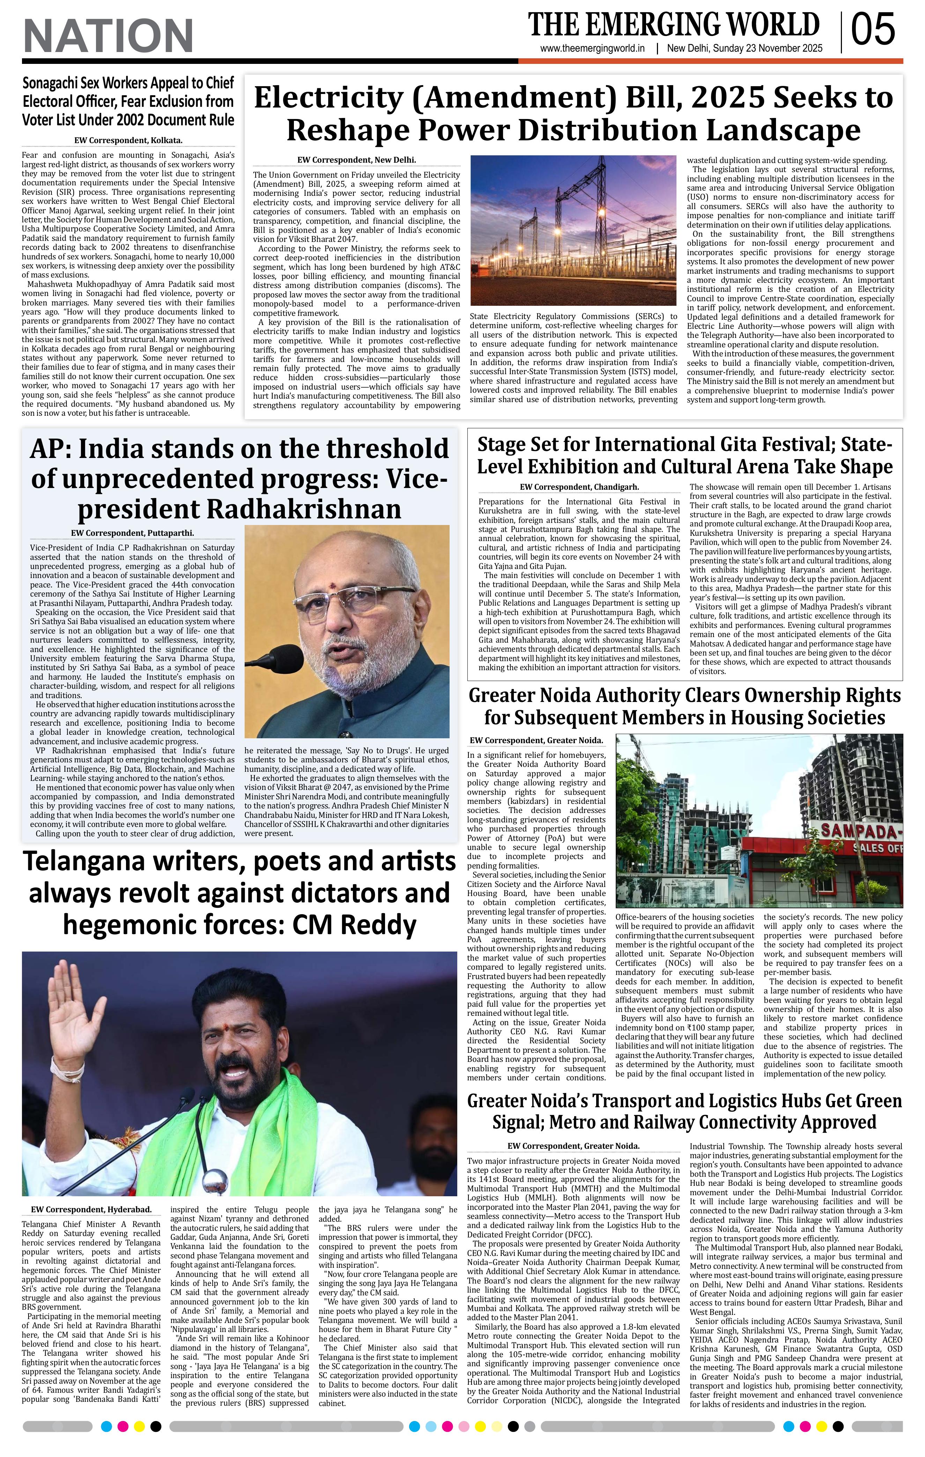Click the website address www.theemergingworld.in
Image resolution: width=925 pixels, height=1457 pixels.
[592, 49]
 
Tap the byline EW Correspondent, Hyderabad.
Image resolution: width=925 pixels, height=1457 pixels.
[91, 1210]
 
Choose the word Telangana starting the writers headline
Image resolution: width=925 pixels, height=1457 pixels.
[90, 861]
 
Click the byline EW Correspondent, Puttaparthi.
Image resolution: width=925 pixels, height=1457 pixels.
[132, 533]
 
